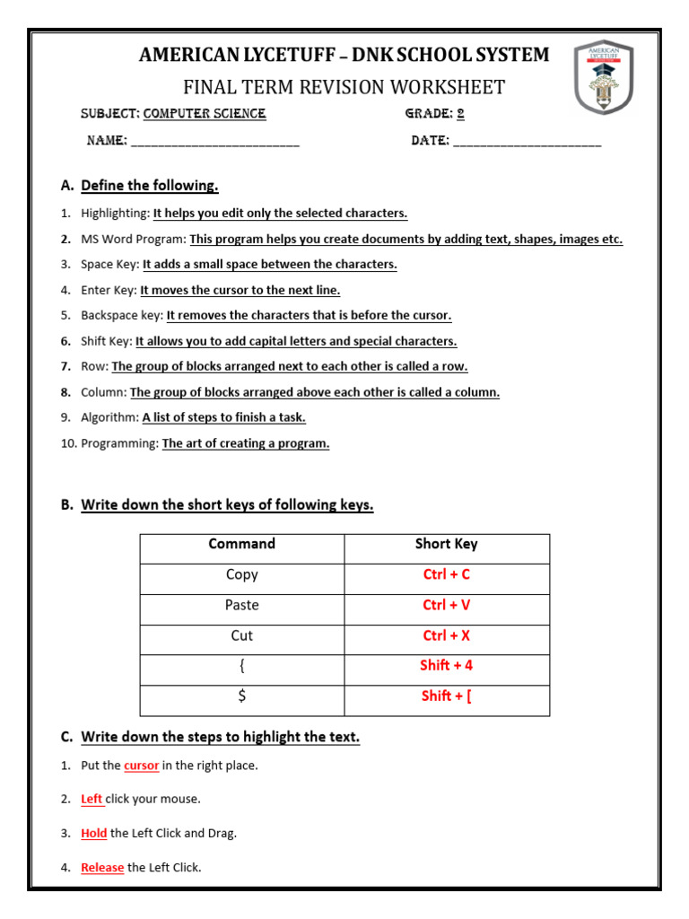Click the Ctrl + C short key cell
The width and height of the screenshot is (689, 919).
pos(447,574)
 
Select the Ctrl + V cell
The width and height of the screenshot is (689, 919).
pos(447,605)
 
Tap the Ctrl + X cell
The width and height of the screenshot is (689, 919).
pos(447,635)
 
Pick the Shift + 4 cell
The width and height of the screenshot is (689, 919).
pos(447,665)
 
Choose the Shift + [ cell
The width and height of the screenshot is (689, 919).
pos(447,696)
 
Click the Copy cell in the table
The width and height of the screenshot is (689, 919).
pos(242,574)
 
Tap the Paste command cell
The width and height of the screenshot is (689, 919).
pos(242,605)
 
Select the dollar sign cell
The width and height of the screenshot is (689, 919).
pos(242,696)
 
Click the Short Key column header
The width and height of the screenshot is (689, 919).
pos(447,544)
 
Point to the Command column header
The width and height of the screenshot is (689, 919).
pos(242,544)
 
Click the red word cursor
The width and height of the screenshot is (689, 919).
pos(142,766)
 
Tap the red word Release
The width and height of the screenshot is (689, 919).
pos(102,867)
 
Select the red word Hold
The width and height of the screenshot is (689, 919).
pos(94,833)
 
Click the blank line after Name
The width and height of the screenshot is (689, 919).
pos(215,143)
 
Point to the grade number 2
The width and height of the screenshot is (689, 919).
pos(460,114)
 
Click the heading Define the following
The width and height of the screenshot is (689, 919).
pos(150,186)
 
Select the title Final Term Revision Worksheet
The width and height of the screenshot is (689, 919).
pos(344,87)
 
